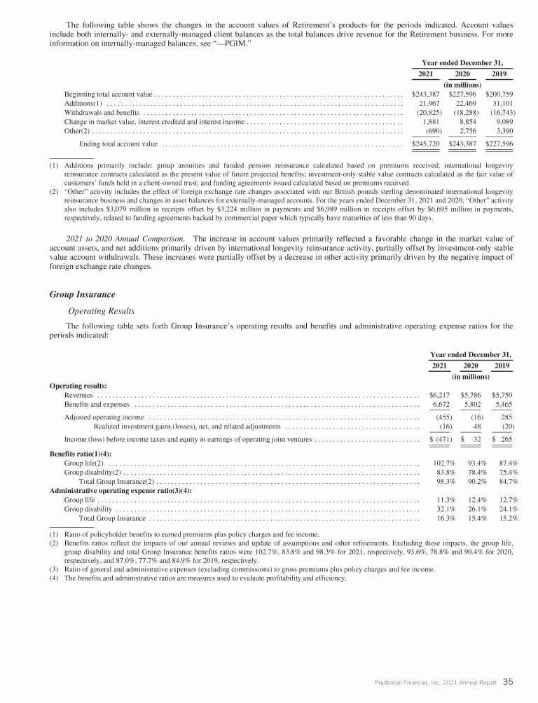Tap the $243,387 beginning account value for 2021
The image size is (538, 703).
(x=425, y=94)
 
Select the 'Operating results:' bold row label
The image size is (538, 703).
(x=78, y=386)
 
